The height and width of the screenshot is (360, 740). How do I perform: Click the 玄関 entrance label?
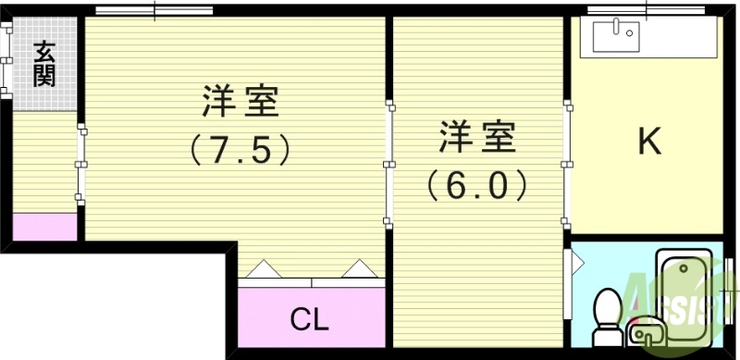44,63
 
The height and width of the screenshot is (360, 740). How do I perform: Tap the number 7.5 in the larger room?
240,149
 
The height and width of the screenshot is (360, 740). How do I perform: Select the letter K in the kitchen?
649,142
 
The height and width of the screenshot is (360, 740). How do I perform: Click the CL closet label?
310,319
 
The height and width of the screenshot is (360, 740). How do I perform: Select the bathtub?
684,287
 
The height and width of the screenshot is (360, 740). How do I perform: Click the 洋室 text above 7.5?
240,101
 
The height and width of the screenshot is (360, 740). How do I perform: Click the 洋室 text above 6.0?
477,137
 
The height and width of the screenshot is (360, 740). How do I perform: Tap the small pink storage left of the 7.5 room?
44,227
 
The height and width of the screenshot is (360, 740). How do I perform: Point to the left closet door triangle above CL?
262,268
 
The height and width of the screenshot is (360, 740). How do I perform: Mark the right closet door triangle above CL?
357,268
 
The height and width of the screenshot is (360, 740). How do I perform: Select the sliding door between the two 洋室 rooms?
389,163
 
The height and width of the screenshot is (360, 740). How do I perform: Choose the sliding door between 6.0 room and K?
565,163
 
